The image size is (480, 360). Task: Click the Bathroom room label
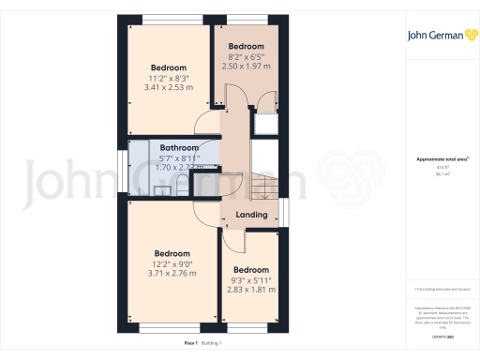click(x=178, y=148)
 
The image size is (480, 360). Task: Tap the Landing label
click(x=250, y=215)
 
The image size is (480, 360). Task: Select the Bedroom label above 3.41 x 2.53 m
click(x=169, y=67)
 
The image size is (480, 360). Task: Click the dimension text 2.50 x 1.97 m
click(x=246, y=67)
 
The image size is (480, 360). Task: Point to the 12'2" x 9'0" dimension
click(x=172, y=263)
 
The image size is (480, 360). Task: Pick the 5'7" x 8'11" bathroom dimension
click(x=178, y=158)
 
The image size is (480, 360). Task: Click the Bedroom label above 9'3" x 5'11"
click(x=250, y=270)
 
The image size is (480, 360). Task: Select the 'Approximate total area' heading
click(x=438, y=159)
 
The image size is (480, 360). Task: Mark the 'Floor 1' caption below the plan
click(x=191, y=344)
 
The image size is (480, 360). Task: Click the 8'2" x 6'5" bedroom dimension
click(x=246, y=56)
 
